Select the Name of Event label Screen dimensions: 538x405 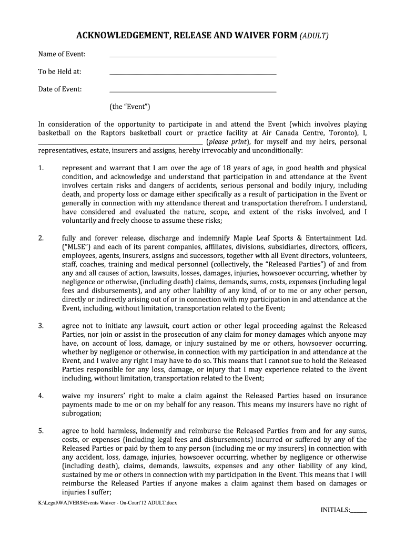(x=62, y=54)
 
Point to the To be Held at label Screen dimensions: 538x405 (x=59, y=71)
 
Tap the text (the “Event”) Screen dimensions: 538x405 (x=130, y=107)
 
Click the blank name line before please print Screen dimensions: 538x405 (x=120, y=142)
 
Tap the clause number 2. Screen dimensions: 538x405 (x=40, y=239)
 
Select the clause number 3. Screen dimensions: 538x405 (x=40, y=326)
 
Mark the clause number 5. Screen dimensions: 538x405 (x=40, y=431)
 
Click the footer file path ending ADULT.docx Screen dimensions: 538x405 (x=107, y=503)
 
